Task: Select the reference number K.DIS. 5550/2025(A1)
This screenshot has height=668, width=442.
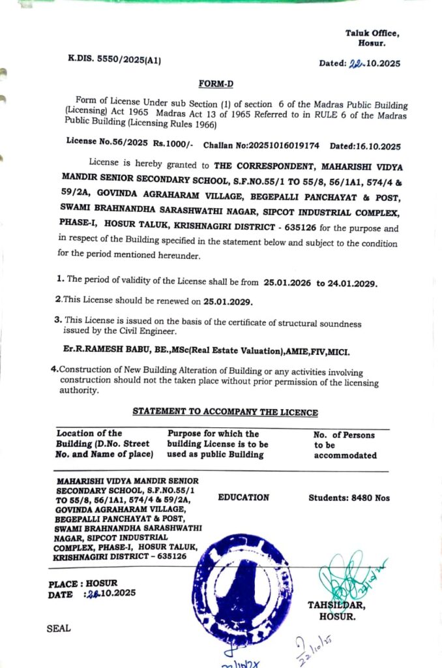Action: [x=114, y=59]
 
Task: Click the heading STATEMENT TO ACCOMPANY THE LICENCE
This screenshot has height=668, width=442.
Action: [x=225, y=412]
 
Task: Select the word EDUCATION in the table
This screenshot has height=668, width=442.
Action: [x=243, y=497]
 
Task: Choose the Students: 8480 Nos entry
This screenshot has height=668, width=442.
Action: [x=349, y=498]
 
